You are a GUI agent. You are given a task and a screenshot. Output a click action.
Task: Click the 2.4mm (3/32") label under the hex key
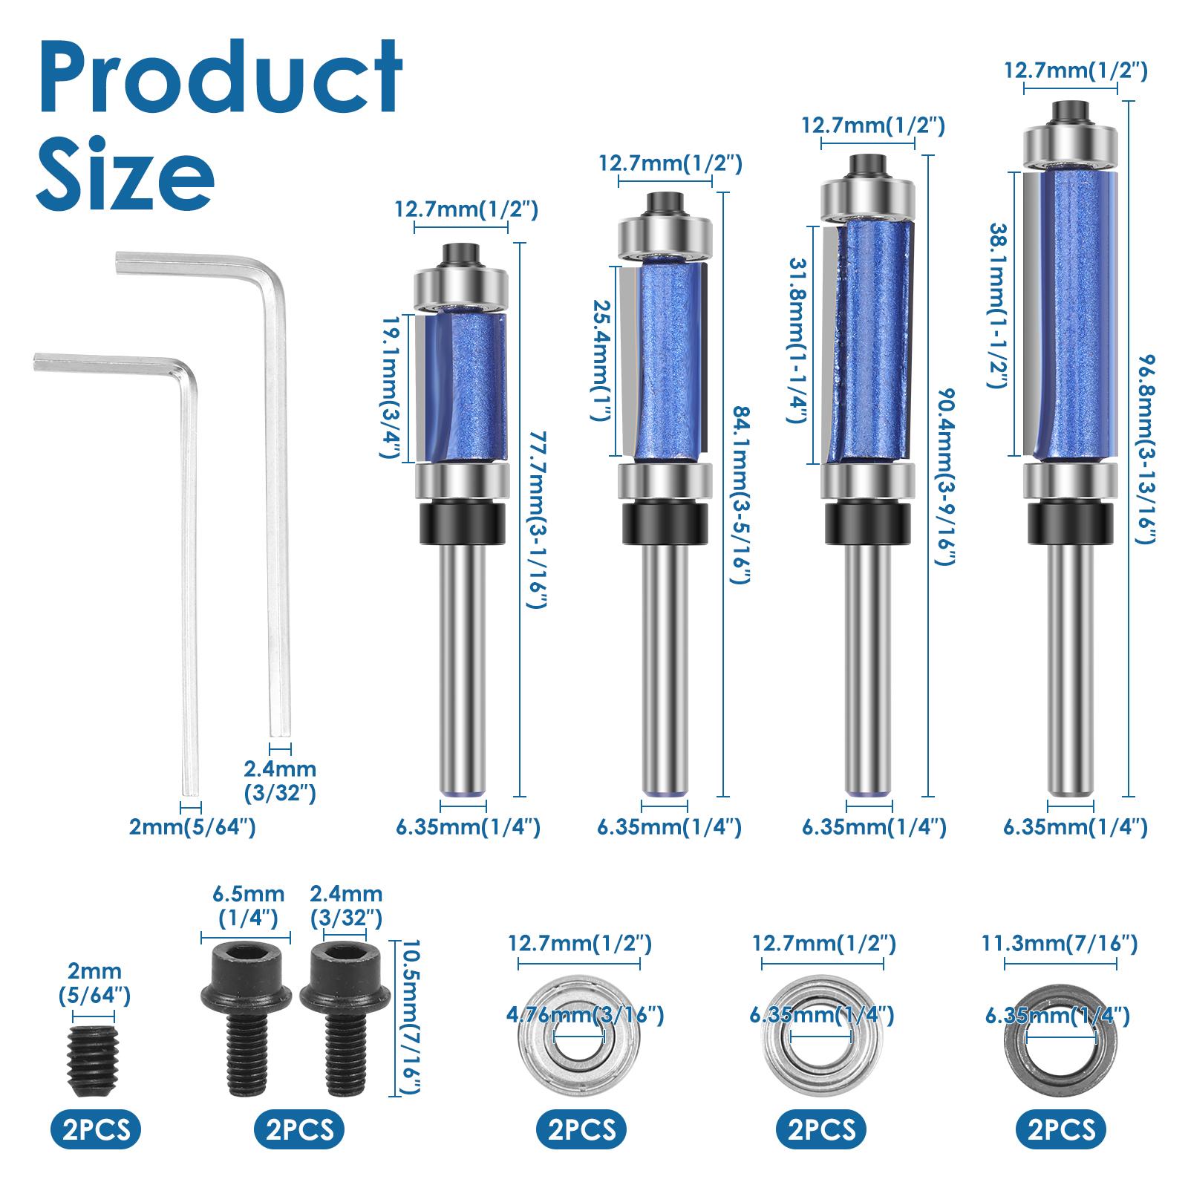pos(280,780)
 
